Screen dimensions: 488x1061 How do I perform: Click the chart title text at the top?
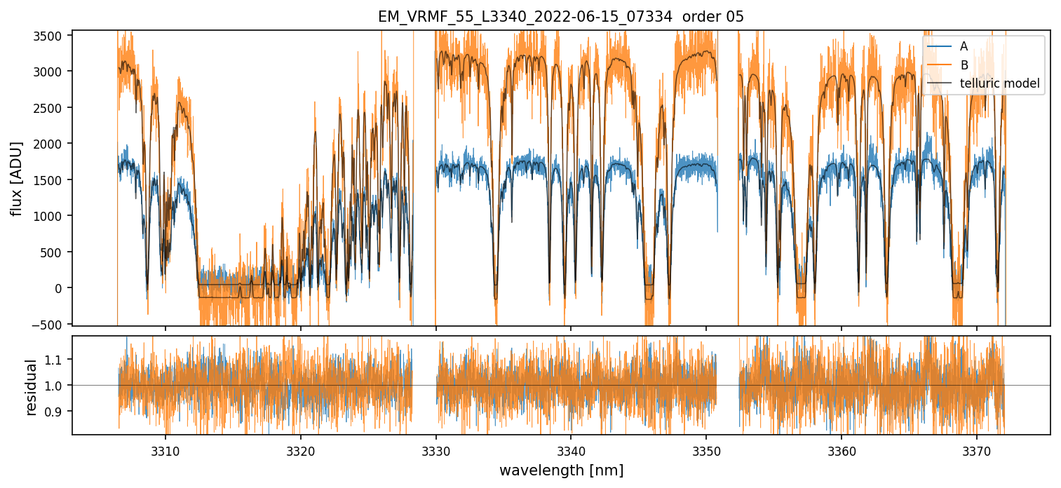pos(560,17)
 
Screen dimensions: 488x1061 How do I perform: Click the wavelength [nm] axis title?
pos(561,470)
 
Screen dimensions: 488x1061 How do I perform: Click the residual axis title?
pos(32,387)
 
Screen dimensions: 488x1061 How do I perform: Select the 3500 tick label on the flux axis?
pos(50,35)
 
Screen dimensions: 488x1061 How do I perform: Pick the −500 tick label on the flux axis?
pos(49,324)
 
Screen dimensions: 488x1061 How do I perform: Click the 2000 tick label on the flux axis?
pos(50,144)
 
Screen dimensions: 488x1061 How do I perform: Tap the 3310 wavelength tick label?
pos(165,449)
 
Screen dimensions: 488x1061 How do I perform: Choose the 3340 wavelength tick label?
pos(571,449)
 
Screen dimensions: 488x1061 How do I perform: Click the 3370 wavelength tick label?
pos(976,449)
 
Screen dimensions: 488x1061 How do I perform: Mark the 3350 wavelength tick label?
pos(705,449)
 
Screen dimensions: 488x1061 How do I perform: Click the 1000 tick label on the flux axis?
pos(50,216)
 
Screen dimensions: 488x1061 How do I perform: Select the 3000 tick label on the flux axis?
pos(50,72)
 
